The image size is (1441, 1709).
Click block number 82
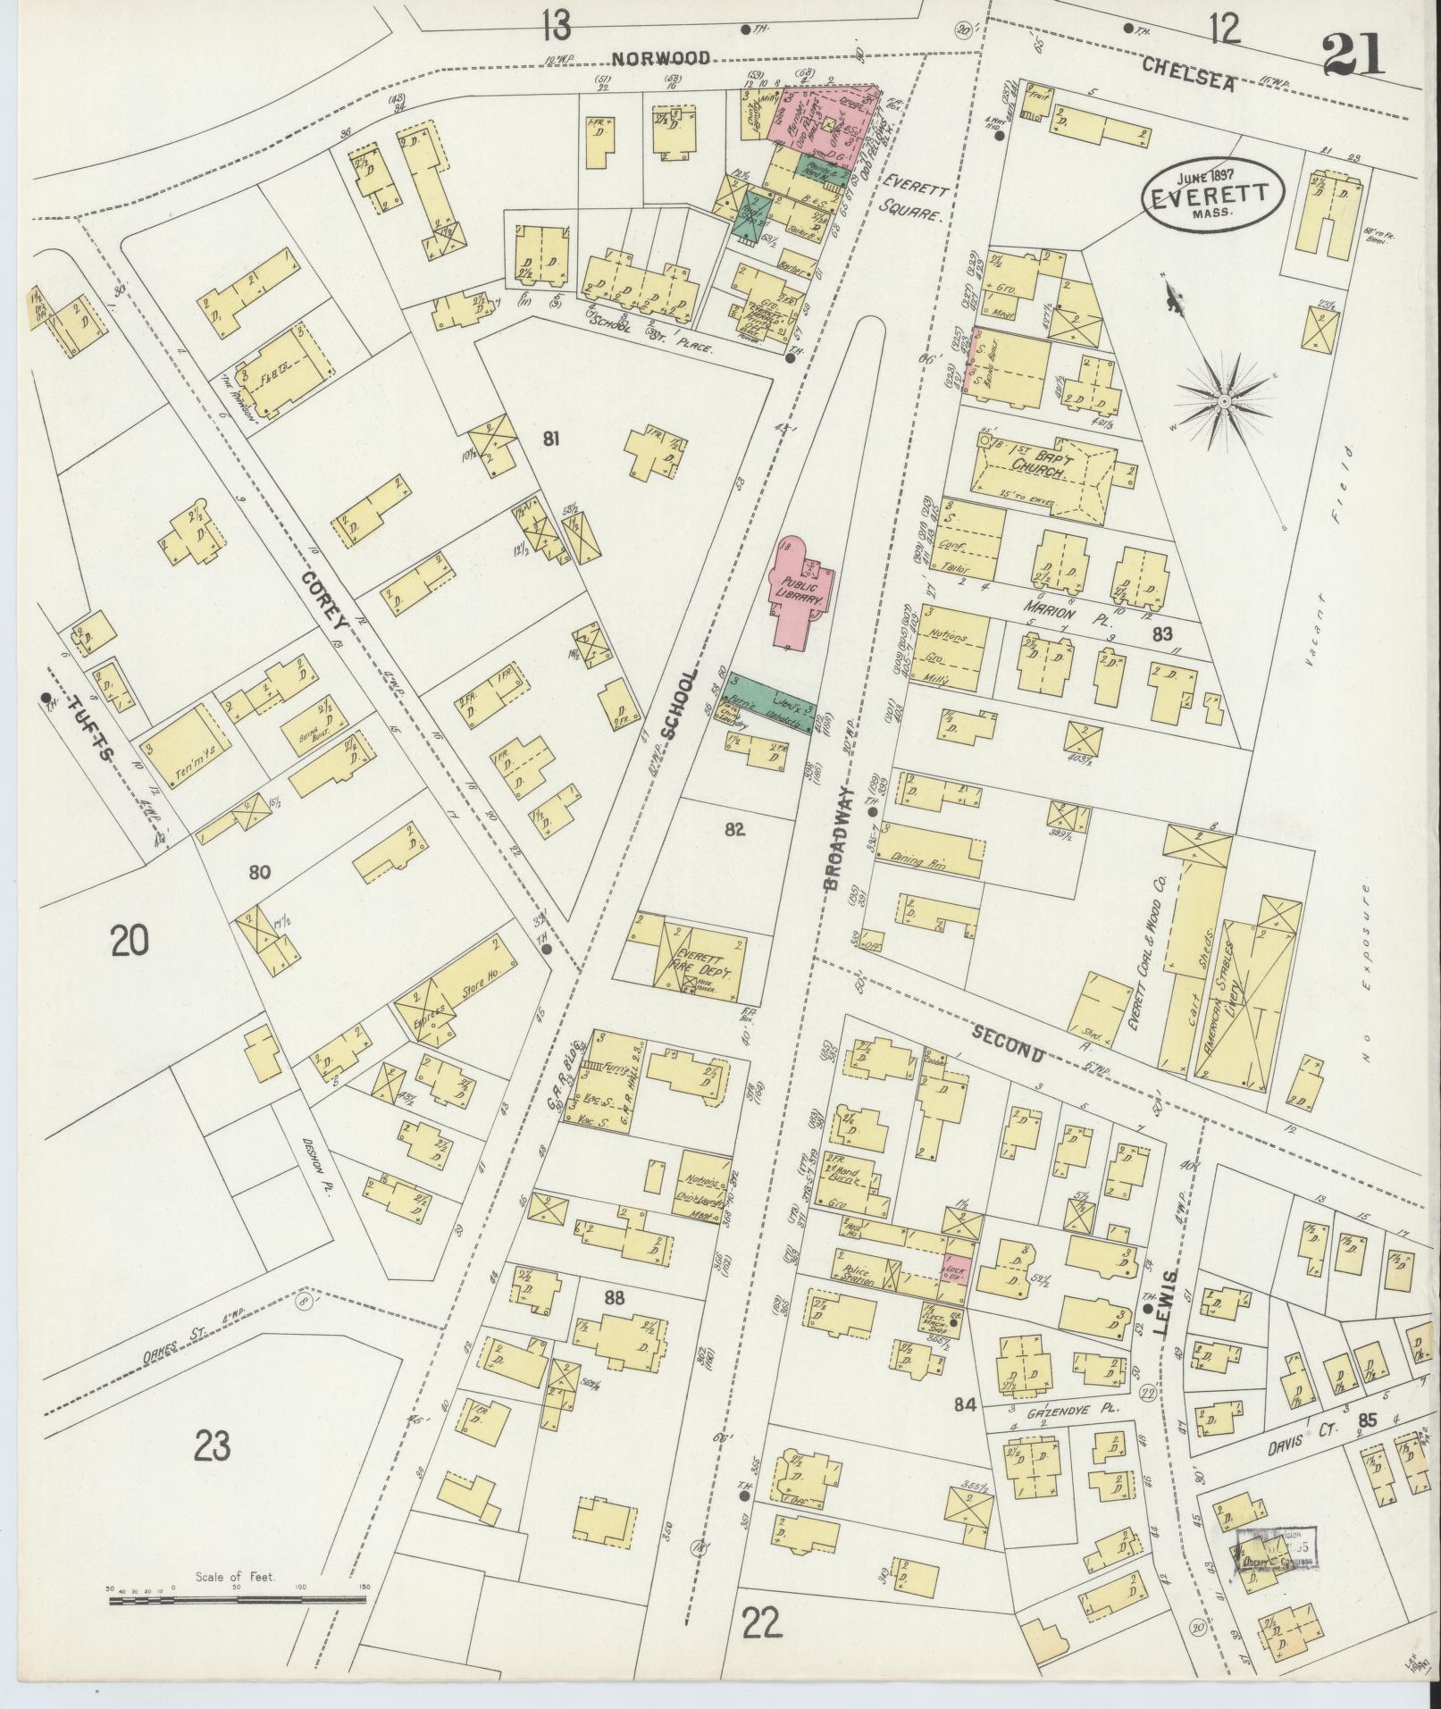(x=734, y=830)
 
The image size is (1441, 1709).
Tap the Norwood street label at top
(x=661, y=59)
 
